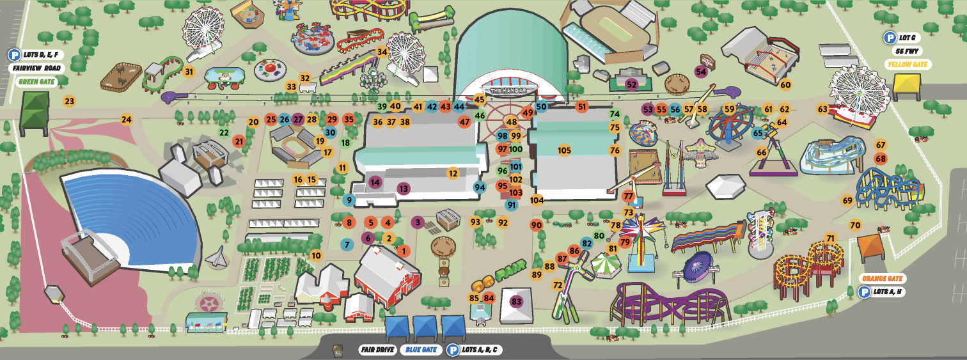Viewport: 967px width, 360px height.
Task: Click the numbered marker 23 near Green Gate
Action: pyautogui.click(x=69, y=100)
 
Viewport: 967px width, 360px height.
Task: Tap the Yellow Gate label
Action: pyautogui.click(x=908, y=65)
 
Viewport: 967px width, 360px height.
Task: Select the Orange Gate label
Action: pyautogui.click(x=881, y=279)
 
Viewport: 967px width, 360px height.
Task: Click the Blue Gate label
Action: pyautogui.click(x=420, y=350)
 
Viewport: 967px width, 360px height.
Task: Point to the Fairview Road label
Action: pyautogui.click(x=35, y=68)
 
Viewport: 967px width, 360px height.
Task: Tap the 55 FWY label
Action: pyautogui.click(x=908, y=51)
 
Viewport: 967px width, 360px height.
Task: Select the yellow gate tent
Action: pyautogui.click(x=906, y=85)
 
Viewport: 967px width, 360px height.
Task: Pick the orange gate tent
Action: pyautogui.click(x=870, y=247)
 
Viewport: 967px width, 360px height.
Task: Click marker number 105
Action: pyautogui.click(x=564, y=150)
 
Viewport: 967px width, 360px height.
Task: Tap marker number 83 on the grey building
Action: pyautogui.click(x=517, y=301)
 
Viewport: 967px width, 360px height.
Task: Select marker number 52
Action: pyautogui.click(x=632, y=84)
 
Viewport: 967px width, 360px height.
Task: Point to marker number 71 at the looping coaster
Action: pyautogui.click(x=831, y=239)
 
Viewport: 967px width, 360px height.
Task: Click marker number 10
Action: pyautogui.click(x=316, y=255)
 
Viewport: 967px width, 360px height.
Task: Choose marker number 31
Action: pyautogui.click(x=189, y=72)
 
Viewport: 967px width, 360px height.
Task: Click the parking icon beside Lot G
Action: pyautogui.click(x=889, y=38)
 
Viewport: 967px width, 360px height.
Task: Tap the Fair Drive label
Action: pyautogui.click(x=376, y=350)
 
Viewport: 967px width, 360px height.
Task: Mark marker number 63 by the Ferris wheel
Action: pyautogui.click(x=822, y=109)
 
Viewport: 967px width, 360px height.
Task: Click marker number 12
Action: pyautogui.click(x=453, y=173)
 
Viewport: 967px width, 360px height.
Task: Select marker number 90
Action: pyautogui.click(x=536, y=225)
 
